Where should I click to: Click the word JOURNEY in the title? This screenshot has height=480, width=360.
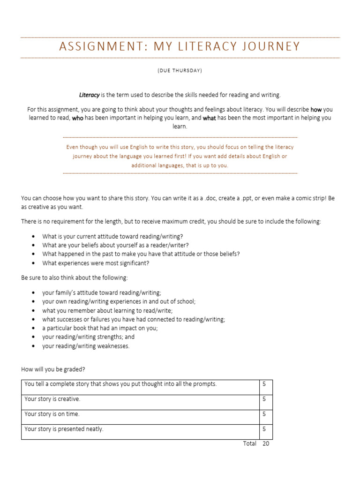[274, 47]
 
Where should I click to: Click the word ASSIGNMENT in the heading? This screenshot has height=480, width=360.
[96, 47]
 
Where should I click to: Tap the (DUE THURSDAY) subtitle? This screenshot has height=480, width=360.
[180, 71]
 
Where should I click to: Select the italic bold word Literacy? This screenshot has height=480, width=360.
[90, 95]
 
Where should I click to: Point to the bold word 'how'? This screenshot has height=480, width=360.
[316, 110]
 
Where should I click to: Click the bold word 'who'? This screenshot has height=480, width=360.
[77, 118]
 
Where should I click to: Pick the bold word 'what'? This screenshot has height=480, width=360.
[209, 118]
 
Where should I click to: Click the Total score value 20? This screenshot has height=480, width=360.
[266, 444]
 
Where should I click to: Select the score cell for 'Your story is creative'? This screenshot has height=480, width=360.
[265, 399]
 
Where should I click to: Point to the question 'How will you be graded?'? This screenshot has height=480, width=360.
[53, 370]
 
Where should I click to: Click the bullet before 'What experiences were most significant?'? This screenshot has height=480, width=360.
[33, 263]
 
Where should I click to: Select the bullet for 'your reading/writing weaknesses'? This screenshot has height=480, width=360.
[33, 346]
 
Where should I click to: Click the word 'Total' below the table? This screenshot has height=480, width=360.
[249, 444]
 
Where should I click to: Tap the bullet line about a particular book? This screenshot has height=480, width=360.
[100, 328]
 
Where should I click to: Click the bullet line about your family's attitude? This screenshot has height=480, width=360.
[102, 292]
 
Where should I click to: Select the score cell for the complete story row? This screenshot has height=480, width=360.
[265, 384]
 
